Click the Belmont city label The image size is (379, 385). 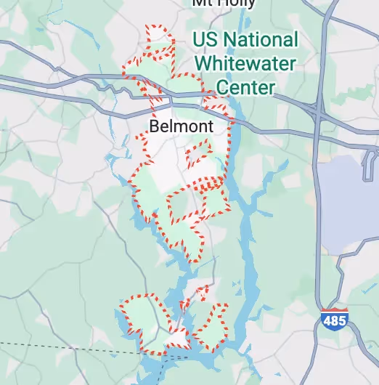coord(181,127)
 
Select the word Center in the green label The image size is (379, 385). coord(246,88)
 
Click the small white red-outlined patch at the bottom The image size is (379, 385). coord(176,338)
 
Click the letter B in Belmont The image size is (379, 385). coord(154,127)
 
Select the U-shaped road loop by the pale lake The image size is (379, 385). coord(370,156)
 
